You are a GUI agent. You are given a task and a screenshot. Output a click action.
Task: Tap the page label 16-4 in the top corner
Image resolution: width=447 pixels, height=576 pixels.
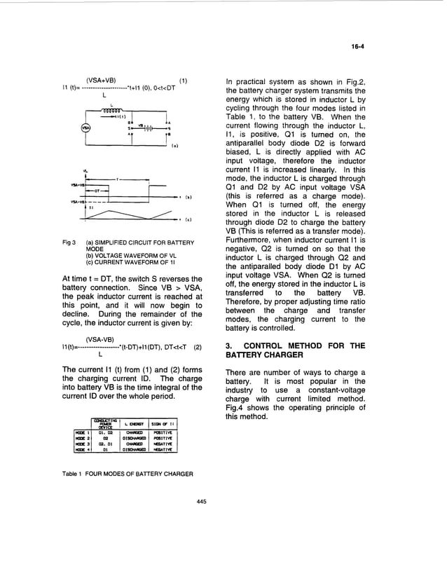point(357,47)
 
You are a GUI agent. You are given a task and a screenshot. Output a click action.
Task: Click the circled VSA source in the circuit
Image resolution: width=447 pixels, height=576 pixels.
point(86,128)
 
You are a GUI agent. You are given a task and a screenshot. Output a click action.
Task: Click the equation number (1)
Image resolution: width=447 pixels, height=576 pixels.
point(184,80)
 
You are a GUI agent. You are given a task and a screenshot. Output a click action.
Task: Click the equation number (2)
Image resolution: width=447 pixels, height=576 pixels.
point(198,347)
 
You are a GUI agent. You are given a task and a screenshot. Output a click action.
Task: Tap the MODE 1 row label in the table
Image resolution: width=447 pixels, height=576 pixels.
point(82,433)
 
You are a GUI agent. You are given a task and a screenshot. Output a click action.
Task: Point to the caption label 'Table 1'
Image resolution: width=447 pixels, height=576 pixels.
point(73,473)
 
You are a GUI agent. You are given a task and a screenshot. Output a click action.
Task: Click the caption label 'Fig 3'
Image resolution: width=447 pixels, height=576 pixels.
point(69,242)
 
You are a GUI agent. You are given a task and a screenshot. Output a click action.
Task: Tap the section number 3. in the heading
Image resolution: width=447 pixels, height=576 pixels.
point(229,345)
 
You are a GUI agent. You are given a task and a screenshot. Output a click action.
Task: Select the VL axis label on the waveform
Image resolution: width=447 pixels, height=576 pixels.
point(85,170)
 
